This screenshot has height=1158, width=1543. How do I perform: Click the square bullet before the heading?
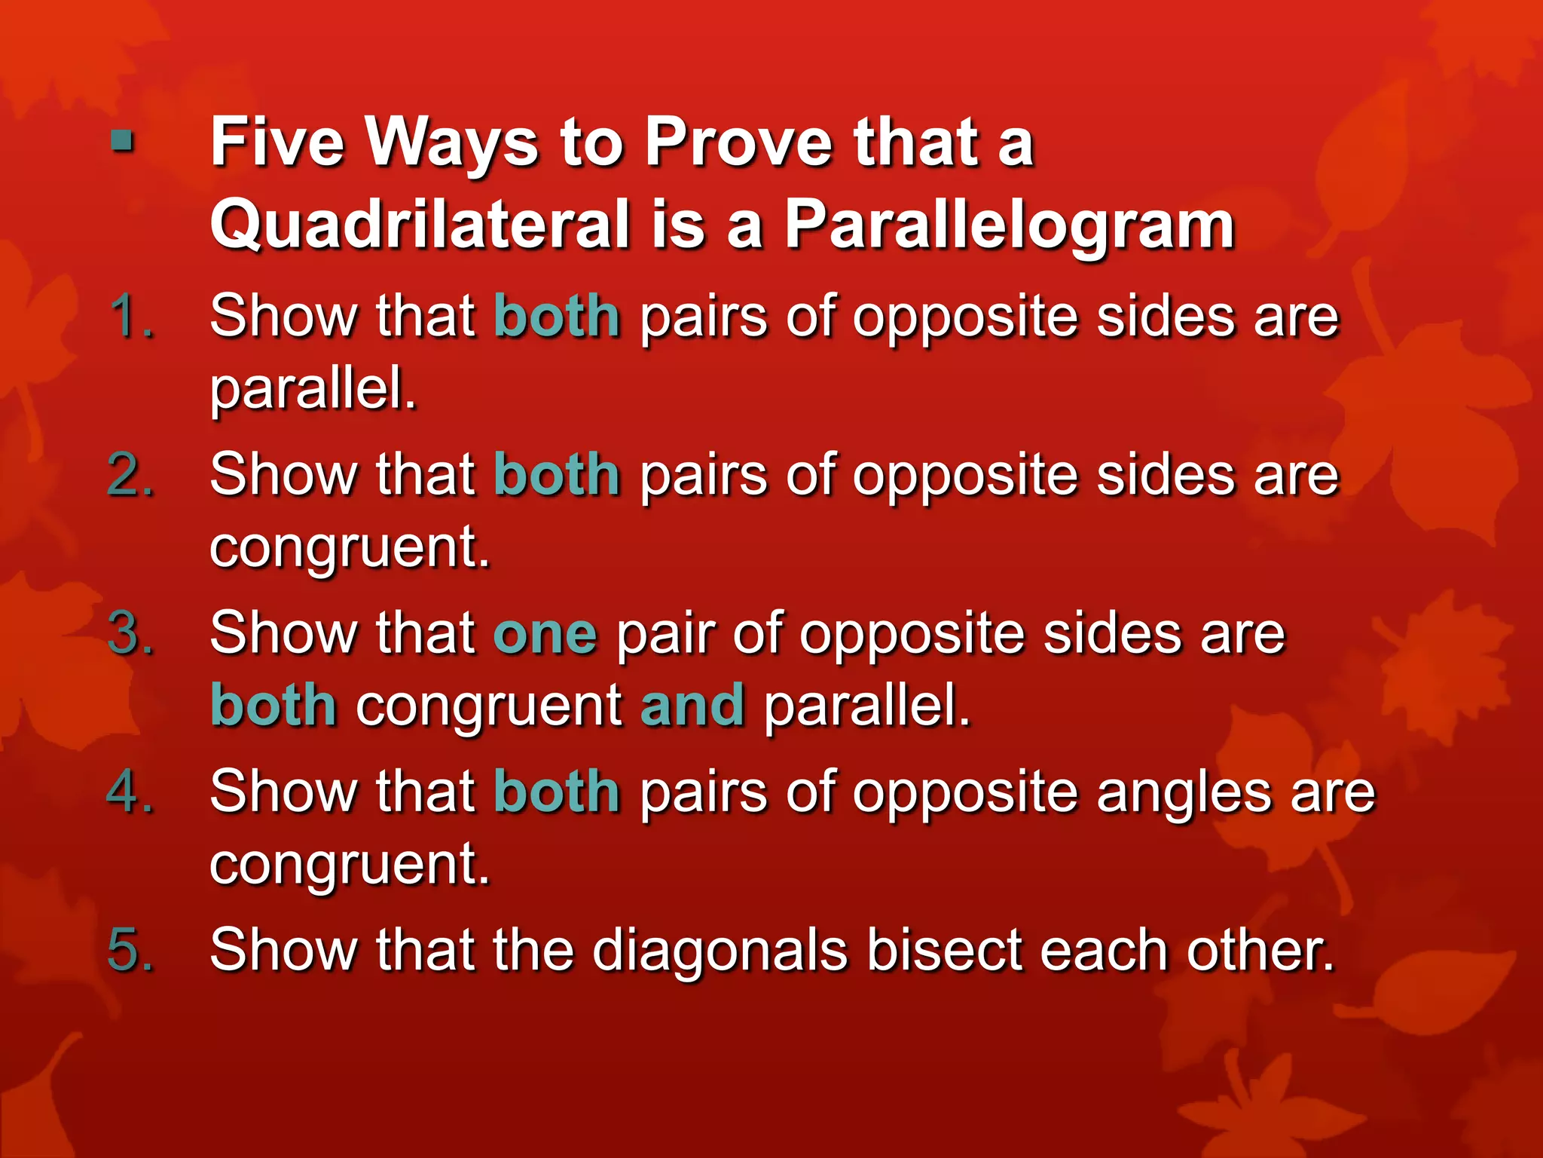122,141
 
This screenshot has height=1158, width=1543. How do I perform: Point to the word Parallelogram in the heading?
1010,225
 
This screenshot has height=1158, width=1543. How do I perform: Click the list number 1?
131,316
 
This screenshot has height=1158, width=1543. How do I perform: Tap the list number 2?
131,475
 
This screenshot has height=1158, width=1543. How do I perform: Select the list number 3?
131,633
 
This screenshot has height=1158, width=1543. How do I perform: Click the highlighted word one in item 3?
545,633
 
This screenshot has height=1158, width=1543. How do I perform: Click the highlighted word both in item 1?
557,316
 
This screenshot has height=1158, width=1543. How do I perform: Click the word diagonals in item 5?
720,951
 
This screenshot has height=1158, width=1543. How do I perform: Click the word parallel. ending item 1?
313,389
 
